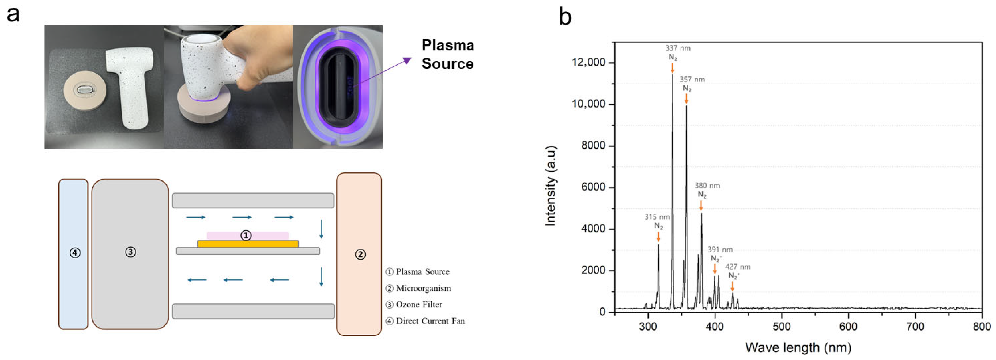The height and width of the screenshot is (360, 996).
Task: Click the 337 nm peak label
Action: point(678,48)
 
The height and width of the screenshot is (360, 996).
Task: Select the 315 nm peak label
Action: point(657,217)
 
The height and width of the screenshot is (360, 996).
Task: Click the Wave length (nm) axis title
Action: point(798,347)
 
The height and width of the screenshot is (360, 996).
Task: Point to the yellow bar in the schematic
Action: point(248,244)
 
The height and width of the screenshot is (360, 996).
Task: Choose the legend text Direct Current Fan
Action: point(430,321)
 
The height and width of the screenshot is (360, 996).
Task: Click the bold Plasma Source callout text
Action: point(448,55)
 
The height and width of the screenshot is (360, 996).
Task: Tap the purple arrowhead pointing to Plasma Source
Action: point(407,60)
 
